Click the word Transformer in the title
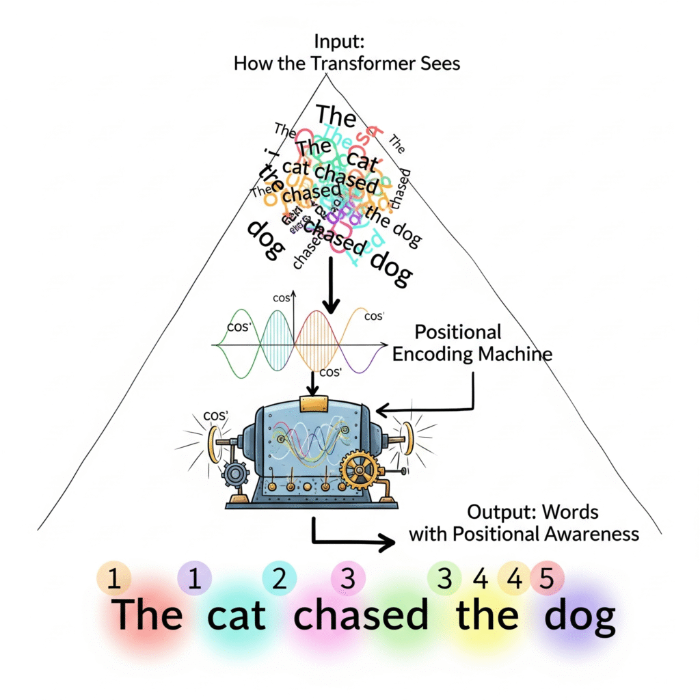(366, 64)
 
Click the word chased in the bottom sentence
(361, 615)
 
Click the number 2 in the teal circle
(279, 578)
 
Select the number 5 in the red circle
(546, 579)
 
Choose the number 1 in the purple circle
(194, 578)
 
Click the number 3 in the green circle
(445, 579)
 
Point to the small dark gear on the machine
(237, 474)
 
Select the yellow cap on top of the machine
(314, 403)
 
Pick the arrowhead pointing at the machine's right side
(381, 410)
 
